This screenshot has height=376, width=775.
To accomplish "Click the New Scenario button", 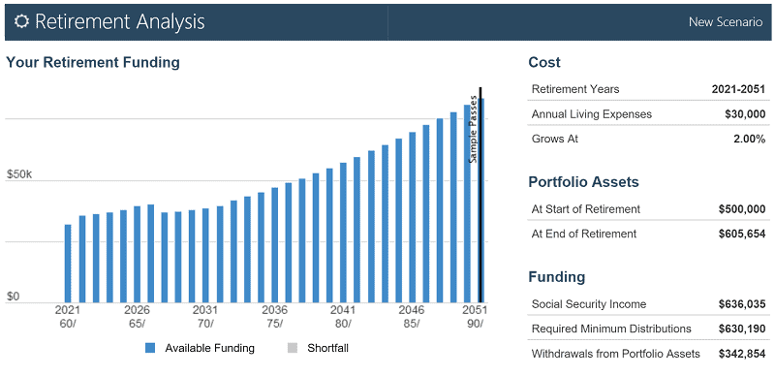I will click(725, 21).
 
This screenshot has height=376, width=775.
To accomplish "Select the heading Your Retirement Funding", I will click(93, 63).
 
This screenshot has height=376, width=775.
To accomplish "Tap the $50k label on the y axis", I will click(19, 175).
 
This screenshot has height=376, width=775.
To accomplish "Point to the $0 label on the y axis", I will click(13, 297).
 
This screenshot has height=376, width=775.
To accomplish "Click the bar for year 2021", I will click(68, 263).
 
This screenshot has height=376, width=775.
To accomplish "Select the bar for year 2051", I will click(480, 199).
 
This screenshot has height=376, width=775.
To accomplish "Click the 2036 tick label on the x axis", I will click(274, 310).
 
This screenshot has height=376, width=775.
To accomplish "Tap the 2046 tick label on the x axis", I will click(411, 310).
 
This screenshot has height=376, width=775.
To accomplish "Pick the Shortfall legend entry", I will click(320, 348).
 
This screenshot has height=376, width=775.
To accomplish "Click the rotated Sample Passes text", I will click(473, 128).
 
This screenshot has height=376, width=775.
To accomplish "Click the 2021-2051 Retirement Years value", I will click(738, 89).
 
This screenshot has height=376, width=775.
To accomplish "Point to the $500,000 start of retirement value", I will click(741, 209).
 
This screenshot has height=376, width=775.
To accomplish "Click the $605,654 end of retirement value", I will click(741, 234).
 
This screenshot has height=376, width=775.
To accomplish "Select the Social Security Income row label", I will click(588, 304).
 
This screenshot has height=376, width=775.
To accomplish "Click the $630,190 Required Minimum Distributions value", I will click(741, 329).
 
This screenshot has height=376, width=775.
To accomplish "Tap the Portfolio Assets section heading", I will click(583, 182).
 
